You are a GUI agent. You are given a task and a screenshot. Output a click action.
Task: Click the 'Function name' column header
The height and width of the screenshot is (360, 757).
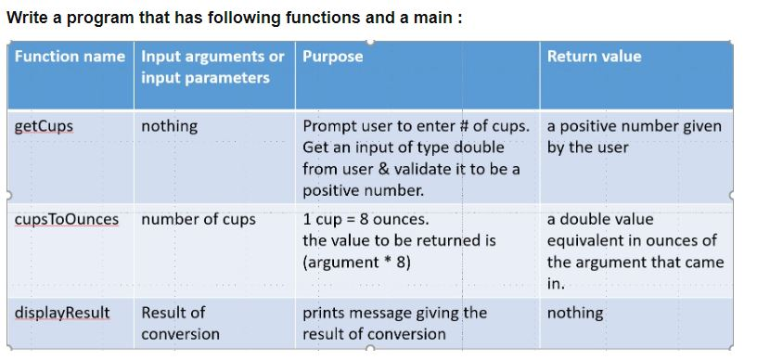[70, 57]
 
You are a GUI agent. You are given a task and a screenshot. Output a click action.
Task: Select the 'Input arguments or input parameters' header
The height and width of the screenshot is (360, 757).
[212, 67]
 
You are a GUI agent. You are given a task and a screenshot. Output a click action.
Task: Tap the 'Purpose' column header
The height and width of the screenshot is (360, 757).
[333, 57]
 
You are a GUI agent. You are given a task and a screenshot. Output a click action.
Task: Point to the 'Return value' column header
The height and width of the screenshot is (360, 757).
[594, 57]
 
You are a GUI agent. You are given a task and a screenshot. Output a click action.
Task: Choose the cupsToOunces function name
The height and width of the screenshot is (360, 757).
[67, 220]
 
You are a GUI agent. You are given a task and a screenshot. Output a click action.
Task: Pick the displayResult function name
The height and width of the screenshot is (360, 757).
[61, 313]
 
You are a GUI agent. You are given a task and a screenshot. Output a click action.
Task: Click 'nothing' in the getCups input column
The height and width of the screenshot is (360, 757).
[169, 126]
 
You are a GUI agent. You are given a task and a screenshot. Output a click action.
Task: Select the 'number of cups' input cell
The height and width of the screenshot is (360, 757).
[198, 220]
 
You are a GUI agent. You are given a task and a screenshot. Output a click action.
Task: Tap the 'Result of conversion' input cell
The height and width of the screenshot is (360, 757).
[180, 323]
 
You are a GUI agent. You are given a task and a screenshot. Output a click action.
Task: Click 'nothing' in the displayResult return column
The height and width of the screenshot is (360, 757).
[575, 313]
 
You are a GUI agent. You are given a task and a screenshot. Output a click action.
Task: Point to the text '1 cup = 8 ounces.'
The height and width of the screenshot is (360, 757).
[366, 220]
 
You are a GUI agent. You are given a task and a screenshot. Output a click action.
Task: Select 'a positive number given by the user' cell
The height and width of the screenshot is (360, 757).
[634, 136]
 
